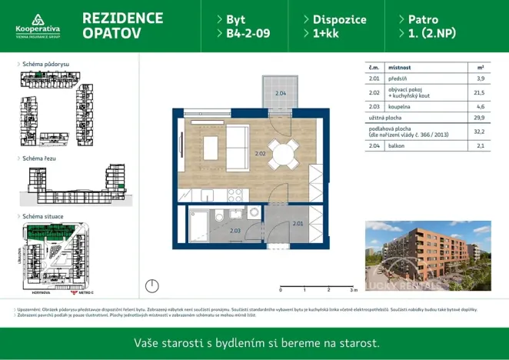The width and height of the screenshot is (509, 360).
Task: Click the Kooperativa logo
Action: point(38,25)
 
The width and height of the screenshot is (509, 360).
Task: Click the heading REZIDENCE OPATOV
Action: point(121,25)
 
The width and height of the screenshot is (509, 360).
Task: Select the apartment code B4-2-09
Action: point(248,33)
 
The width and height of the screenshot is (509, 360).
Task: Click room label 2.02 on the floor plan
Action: point(260,154)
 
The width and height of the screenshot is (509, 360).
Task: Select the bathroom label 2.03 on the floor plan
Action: point(235,230)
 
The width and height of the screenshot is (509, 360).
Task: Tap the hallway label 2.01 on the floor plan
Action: point(298,224)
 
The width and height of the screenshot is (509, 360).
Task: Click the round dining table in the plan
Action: point(283,154)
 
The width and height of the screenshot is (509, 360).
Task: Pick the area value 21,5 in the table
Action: point(480,92)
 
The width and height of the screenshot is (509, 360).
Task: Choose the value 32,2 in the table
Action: point(480,132)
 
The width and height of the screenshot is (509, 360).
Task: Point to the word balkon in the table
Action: point(397,145)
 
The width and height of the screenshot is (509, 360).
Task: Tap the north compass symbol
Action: point(152,286)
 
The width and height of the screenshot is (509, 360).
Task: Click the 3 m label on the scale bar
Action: point(353,290)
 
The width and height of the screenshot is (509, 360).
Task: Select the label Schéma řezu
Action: point(42,158)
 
